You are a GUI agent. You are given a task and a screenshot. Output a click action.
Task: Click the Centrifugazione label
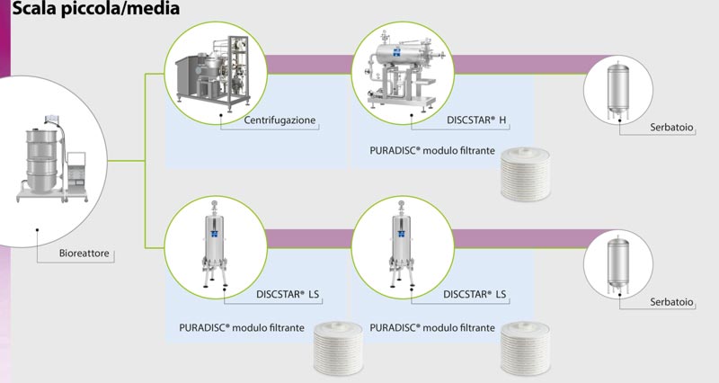(280, 120)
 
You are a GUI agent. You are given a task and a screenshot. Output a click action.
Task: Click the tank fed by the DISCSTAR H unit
(618, 91)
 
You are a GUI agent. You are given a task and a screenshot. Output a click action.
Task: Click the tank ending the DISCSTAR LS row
(618, 264)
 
